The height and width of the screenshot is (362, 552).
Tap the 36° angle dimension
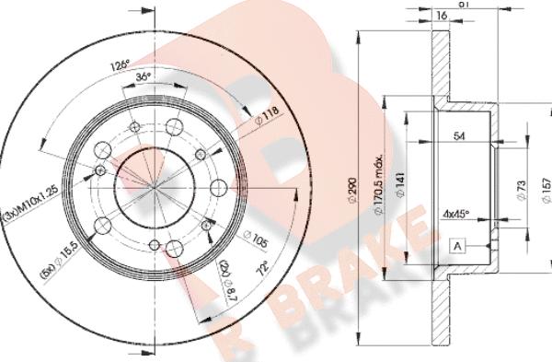click(x=143, y=78)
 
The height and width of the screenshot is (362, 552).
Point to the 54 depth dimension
click(x=459, y=137)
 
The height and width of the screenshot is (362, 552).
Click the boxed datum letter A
click(x=457, y=247)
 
